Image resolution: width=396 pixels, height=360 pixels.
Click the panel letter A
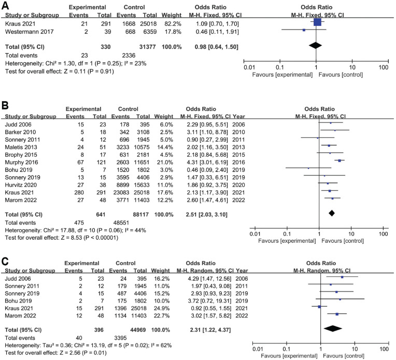pos(5,5)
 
